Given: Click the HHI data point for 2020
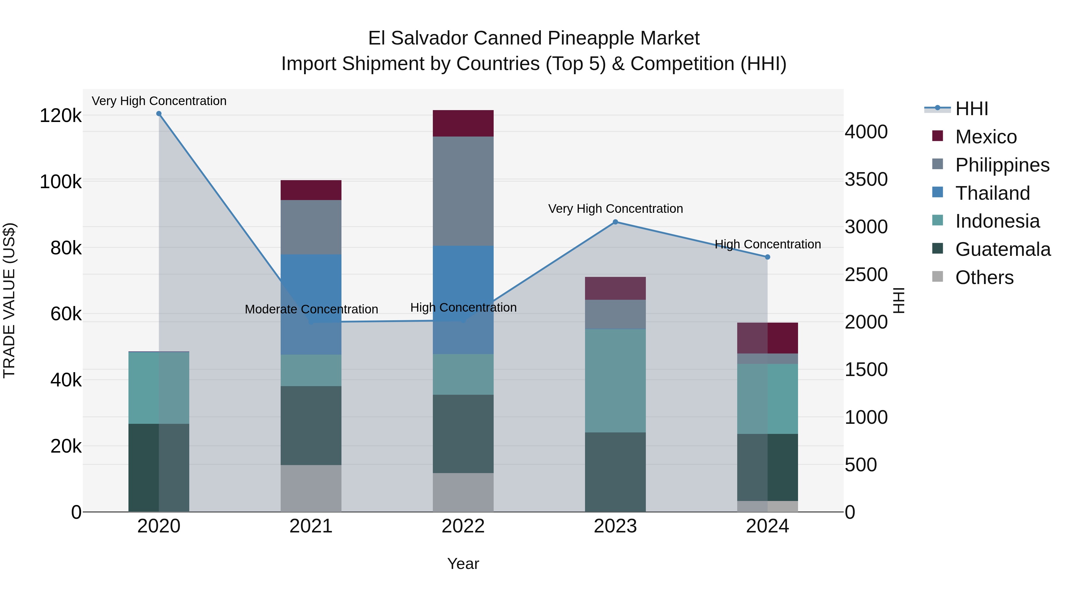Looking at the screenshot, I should (159, 114).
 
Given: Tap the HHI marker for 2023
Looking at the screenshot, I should (615, 222).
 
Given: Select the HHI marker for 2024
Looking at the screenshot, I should (767, 257).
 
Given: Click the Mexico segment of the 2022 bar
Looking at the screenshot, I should (463, 123).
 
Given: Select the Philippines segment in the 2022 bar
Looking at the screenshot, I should (463, 191).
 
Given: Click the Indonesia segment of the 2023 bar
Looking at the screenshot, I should (615, 380).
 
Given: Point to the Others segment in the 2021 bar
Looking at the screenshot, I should (311, 488).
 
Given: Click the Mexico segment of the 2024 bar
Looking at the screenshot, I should (767, 338).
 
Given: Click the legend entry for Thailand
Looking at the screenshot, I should (992, 193).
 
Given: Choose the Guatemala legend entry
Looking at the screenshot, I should (1002, 249).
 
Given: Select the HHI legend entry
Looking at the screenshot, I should (971, 109).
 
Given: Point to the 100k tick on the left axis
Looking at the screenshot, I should (61, 182).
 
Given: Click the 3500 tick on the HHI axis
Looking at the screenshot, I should (866, 179).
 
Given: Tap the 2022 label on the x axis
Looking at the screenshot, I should (463, 526).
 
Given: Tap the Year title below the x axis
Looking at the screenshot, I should (463, 564).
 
